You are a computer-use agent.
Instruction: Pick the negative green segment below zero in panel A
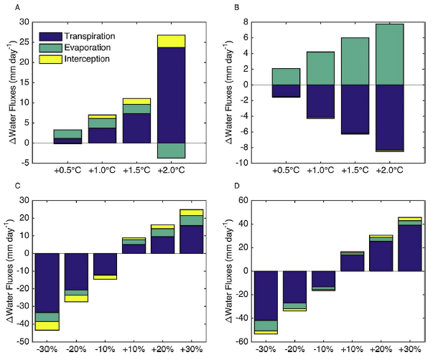pos(172,150)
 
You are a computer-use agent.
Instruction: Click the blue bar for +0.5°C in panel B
pos(286,90)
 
